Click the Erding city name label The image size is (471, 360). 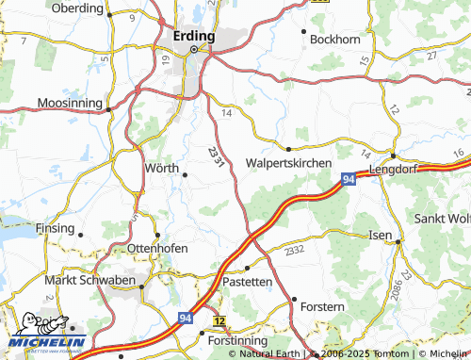[194, 36]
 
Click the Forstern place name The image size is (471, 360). [322, 307]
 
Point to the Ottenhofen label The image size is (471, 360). [157, 248]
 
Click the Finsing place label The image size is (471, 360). [54, 228]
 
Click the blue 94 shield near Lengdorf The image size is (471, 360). [349, 178]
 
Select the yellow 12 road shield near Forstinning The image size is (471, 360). [219, 322]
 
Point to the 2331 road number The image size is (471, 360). [217, 158]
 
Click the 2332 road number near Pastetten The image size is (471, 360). [295, 251]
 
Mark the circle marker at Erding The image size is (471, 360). [196, 49]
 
